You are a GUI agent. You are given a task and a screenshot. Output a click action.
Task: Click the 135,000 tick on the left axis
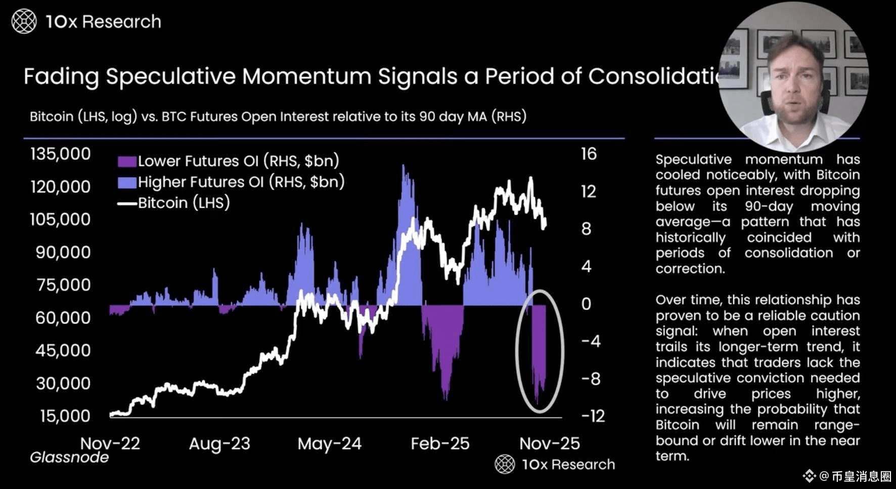point(60,154)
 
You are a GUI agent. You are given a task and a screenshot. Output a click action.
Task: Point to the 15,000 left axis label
point(65,416)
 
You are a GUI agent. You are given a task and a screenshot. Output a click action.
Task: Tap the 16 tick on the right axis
point(589,154)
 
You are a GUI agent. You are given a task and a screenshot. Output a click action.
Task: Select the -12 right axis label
point(593,416)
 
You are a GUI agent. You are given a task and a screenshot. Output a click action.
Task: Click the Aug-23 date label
point(219,443)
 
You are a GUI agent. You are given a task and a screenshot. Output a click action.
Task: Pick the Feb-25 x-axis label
point(440,443)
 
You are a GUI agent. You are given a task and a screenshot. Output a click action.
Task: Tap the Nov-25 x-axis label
point(550,443)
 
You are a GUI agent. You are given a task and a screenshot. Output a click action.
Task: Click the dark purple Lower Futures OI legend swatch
point(127,161)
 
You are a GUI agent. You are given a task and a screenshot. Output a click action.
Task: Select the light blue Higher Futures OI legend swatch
point(127,182)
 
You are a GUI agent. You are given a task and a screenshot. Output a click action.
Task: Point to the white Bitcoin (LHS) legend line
point(127,203)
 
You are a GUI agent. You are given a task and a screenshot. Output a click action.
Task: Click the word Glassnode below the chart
point(69,458)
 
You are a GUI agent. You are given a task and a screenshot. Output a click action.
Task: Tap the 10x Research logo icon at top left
point(24,22)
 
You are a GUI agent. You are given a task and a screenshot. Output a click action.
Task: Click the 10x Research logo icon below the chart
point(505,464)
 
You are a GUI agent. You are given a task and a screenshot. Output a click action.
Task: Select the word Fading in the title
point(61,77)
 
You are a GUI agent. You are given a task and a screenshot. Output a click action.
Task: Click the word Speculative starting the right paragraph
point(693,159)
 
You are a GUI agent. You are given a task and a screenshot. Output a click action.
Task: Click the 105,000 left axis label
point(60,219)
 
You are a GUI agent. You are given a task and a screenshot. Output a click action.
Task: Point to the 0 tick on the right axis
point(586,304)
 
